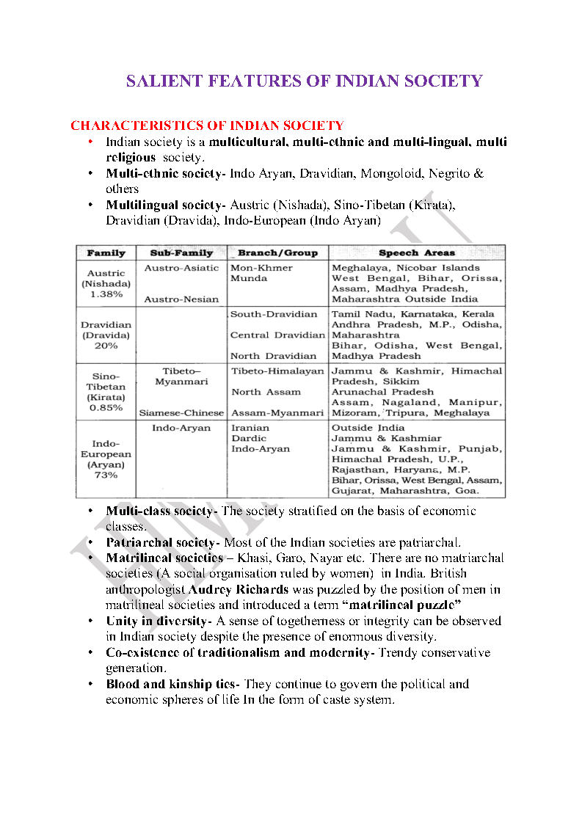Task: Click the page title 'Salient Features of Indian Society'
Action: click(x=304, y=81)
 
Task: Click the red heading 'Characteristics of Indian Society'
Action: click(x=207, y=126)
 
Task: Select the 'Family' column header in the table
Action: click(x=106, y=253)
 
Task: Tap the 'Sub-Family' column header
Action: click(x=181, y=253)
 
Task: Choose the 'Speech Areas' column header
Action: click(x=417, y=253)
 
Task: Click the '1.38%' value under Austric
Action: click(x=106, y=294)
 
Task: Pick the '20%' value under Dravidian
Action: click(x=106, y=346)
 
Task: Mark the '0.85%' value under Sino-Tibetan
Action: click(x=106, y=408)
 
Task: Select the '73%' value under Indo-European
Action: click(x=106, y=475)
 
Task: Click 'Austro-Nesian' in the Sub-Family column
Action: click(x=181, y=299)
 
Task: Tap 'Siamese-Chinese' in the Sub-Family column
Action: click(x=181, y=413)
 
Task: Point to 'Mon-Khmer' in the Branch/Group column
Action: click(x=261, y=268)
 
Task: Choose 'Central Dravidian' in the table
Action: click(x=277, y=335)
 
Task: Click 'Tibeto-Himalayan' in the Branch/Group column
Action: click(x=277, y=371)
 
